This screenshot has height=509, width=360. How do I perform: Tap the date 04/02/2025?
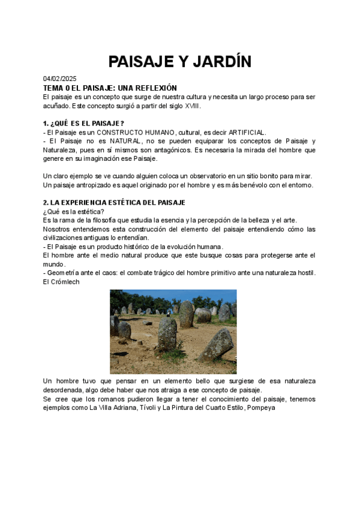pos(60,79)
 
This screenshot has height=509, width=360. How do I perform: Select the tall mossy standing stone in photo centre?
pos(167,334)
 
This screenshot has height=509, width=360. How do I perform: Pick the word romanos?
pos(104,399)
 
